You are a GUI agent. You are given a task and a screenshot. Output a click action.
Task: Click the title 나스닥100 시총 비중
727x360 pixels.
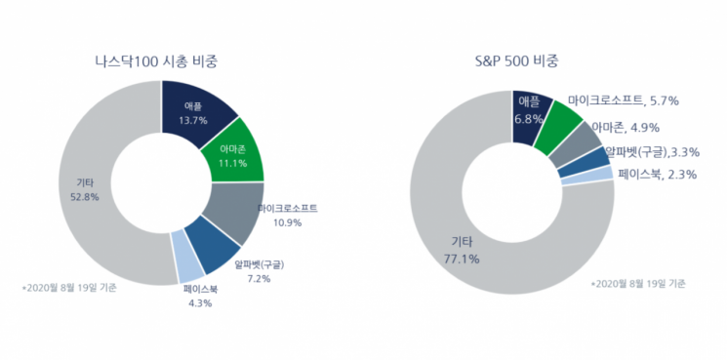(156, 61)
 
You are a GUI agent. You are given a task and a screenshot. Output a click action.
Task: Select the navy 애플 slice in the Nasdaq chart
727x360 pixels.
(196, 112)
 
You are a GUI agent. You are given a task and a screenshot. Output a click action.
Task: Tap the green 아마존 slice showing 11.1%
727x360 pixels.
(234, 153)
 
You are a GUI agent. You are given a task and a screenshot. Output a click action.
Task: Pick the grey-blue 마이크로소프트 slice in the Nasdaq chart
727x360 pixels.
(233, 210)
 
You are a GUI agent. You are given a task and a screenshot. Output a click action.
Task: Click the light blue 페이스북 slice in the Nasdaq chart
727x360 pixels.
(187, 258)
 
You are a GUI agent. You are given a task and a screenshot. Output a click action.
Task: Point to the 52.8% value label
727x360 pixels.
(85, 197)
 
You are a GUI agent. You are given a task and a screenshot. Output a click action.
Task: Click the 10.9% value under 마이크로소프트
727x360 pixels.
(288, 222)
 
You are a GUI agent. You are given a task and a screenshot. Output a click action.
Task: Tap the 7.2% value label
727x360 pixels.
(260, 278)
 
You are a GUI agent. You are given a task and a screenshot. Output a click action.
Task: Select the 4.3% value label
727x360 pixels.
(200, 304)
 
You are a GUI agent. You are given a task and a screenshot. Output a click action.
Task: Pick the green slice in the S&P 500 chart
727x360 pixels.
(557, 129)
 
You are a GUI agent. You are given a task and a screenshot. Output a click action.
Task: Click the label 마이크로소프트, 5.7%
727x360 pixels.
(624, 100)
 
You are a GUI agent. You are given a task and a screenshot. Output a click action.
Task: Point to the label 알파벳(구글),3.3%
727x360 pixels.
(653, 151)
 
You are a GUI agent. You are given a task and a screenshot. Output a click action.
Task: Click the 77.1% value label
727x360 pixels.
(462, 259)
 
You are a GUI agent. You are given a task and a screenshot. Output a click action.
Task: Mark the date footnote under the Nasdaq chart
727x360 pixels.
(69, 287)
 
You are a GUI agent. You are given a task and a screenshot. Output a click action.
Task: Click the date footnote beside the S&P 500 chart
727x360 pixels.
(638, 284)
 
